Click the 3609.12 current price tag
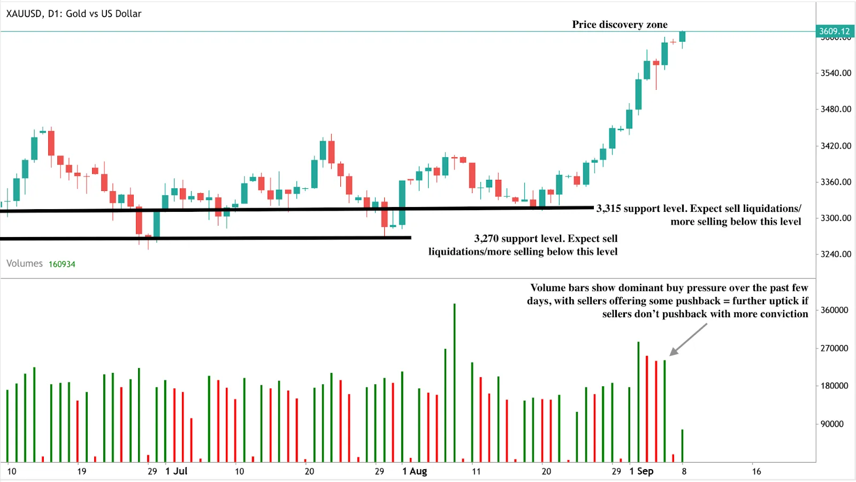(x=834, y=31)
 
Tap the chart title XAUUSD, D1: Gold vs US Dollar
(x=74, y=14)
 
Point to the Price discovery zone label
(x=620, y=25)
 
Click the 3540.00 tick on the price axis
(x=836, y=73)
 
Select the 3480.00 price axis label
(x=836, y=109)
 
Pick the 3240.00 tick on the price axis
(x=836, y=254)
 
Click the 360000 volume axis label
(x=834, y=310)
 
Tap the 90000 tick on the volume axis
(x=832, y=424)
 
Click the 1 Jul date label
(x=177, y=471)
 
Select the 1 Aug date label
(x=415, y=471)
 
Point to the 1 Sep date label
(x=641, y=471)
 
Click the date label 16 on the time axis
(x=756, y=471)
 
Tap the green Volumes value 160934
(x=62, y=264)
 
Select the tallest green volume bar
(x=454, y=382)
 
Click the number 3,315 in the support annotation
(x=609, y=209)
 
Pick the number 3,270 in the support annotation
(x=486, y=239)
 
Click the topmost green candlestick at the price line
(x=682, y=36)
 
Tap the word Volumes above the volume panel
(x=25, y=264)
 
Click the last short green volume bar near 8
(x=682, y=446)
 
